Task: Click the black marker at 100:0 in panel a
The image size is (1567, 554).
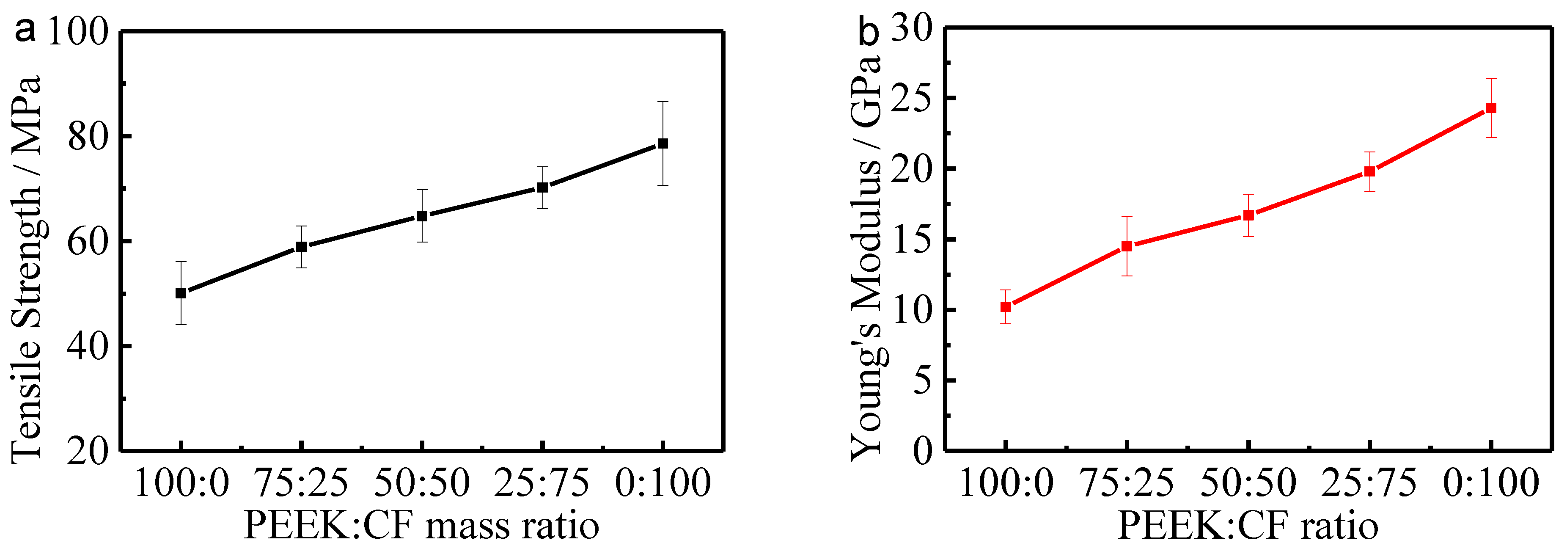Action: coord(181,293)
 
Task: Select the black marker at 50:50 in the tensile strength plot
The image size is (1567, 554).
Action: coord(421,216)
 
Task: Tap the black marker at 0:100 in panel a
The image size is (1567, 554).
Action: coord(663,143)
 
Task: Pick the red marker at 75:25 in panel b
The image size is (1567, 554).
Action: coord(1127,246)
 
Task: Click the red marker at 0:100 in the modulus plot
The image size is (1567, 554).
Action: coord(1491,108)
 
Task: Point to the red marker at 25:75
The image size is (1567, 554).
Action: coord(1369,171)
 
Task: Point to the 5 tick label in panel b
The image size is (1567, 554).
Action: coord(923,381)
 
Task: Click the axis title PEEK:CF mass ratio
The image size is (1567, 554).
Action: coord(421,525)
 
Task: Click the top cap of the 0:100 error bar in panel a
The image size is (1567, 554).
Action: coord(663,102)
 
